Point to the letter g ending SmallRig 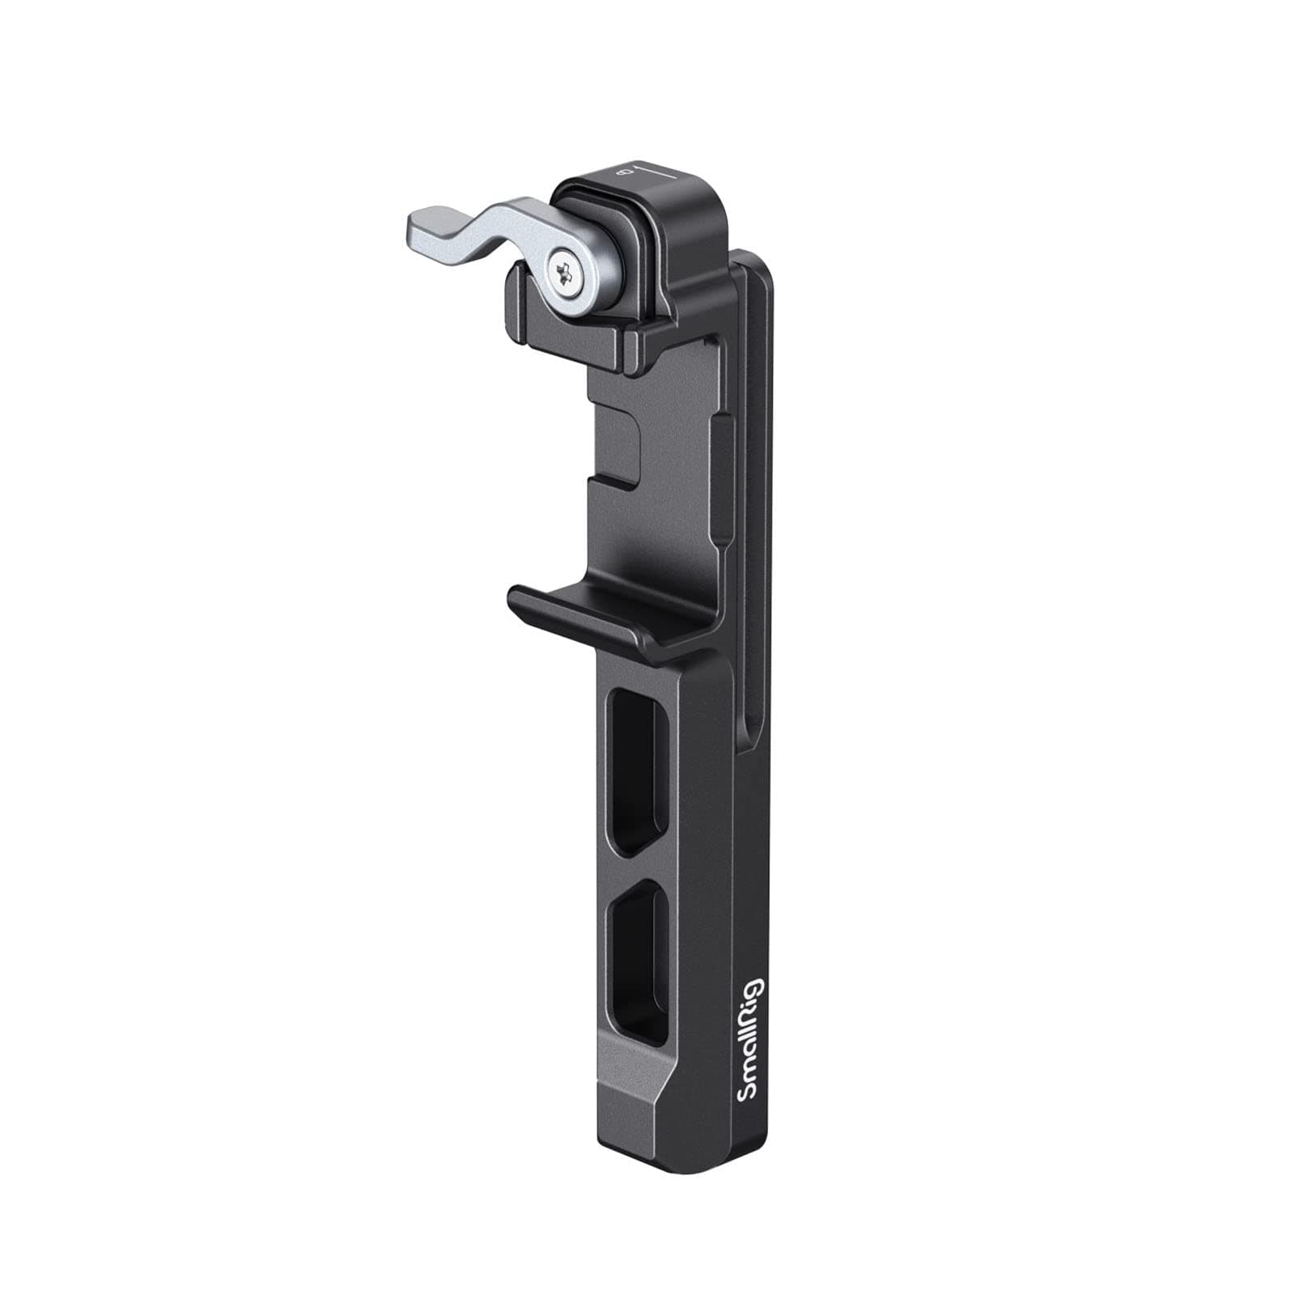pos(749,989)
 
